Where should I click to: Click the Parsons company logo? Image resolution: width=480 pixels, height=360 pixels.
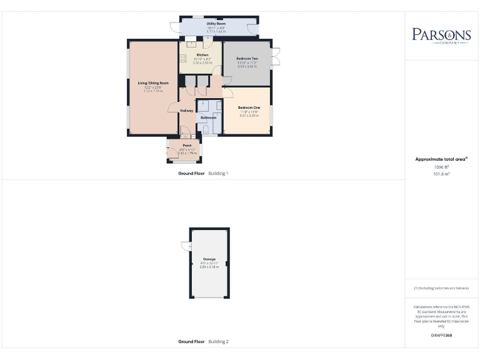(x=441, y=35)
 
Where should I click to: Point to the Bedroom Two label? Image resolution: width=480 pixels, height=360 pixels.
(x=247, y=59)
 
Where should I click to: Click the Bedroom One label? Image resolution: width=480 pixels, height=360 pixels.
(x=249, y=108)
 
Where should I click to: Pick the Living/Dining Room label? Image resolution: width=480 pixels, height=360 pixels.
(x=153, y=83)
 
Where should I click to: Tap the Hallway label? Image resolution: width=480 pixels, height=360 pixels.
(x=187, y=111)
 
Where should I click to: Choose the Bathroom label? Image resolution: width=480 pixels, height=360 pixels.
(x=208, y=117)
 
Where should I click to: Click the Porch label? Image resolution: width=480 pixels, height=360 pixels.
(x=187, y=145)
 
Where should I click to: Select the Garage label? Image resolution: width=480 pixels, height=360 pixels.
(x=209, y=259)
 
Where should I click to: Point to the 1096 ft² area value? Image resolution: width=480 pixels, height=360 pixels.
(x=441, y=167)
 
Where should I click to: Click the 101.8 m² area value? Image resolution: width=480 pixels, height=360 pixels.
(x=441, y=174)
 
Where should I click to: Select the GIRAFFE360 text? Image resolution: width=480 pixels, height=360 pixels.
(x=441, y=336)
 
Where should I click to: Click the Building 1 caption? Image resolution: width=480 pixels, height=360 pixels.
(x=218, y=173)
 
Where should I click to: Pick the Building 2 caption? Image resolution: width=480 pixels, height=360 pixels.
(x=218, y=342)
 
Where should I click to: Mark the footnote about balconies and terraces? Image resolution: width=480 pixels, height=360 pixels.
(x=441, y=288)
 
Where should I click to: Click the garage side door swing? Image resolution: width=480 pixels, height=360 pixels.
(x=186, y=246)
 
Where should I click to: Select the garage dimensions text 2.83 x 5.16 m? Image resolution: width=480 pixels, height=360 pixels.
(x=209, y=267)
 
